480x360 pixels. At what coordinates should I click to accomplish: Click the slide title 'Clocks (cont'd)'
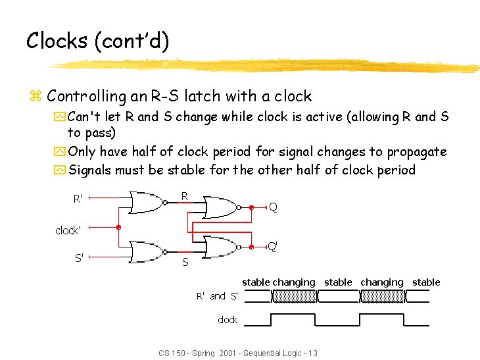tap(97, 41)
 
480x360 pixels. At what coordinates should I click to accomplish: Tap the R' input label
tap(78, 198)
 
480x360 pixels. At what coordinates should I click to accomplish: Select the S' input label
tap(78, 258)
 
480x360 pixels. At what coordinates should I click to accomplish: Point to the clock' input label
tap(68, 230)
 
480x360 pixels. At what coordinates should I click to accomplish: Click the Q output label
tap(273, 207)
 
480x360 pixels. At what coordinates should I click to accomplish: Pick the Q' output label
tap(272, 247)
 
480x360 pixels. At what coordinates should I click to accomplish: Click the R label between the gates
tap(185, 195)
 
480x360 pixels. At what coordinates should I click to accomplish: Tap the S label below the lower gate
tap(185, 263)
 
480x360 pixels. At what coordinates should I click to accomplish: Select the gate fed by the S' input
tap(148, 251)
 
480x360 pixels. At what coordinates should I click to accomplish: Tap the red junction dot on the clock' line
tap(118, 228)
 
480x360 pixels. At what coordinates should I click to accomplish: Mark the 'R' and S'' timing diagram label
tap(217, 296)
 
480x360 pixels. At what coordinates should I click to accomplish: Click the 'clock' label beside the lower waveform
tap(228, 320)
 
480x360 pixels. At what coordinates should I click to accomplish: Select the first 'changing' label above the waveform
tap(294, 282)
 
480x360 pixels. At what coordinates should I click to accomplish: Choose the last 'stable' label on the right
tap(426, 282)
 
